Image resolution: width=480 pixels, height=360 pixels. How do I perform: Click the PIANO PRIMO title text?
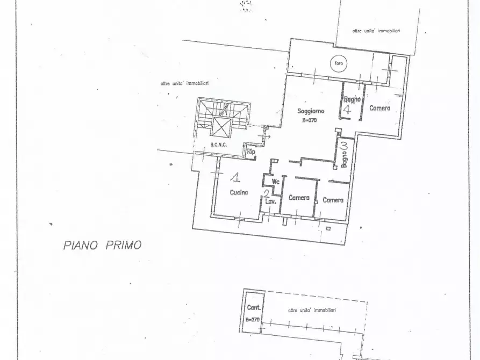click(x=102, y=245)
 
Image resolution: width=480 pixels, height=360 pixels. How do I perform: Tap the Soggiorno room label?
click(x=311, y=111)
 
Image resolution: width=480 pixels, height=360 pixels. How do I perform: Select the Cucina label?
click(x=239, y=193)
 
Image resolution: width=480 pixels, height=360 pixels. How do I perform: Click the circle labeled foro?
click(x=339, y=63)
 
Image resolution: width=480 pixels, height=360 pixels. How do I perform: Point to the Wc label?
click(x=276, y=182)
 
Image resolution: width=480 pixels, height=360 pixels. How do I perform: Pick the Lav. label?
click(x=270, y=202)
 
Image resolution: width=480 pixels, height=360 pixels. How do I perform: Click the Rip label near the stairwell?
click(x=250, y=152)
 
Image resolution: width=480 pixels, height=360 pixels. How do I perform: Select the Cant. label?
click(x=254, y=308)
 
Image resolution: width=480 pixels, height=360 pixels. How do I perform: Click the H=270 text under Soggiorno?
click(x=310, y=120)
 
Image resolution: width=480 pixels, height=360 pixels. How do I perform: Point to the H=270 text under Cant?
click(x=252, y=319)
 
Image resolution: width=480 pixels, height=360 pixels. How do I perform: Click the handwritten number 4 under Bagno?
click(x=347, y=110)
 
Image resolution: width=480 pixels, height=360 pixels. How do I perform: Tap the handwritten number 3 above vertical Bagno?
click(x=344, y=145)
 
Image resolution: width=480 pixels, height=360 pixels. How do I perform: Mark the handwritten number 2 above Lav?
click(x=266, y=194)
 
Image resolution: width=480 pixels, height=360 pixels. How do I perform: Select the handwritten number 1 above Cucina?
click(x=234, y=176)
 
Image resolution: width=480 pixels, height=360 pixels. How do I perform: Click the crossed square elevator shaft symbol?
click(x=221, y=128)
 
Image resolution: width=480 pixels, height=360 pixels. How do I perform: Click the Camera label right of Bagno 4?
click(x=379, y=108)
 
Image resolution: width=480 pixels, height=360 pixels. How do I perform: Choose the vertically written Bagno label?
click(x=344, y=159)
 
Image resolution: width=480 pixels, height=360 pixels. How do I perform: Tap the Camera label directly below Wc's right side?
click(x=299, y=198)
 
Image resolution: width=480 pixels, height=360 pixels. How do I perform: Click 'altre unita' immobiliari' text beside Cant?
click(x=312, y=311)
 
